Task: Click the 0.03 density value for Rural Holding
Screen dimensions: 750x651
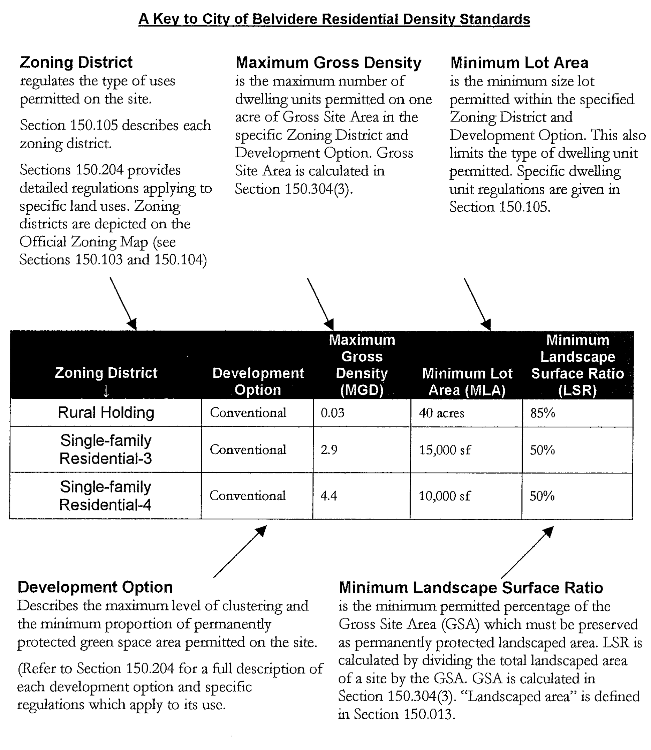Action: coord(332,413)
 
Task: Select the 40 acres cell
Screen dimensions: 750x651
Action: coord(441,413)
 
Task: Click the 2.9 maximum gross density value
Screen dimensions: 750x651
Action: coord(329,450)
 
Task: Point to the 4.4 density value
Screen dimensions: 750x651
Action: coord(329,496)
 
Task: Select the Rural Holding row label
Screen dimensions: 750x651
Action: coord(106,413)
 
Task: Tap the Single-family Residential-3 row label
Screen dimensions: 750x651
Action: coord(106,450)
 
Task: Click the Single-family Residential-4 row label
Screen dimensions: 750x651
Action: coord(105,496)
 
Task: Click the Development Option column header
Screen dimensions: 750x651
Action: coord(258,382)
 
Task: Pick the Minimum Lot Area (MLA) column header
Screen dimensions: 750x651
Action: coord(467,382)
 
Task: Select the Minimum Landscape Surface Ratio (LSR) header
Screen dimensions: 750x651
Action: coord(578,365)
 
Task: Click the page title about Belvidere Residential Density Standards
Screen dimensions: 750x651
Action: coord(334,19)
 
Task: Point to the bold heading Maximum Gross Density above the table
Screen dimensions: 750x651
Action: coord(328,63)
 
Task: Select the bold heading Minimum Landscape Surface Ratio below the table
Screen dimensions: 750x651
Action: coord(471,588)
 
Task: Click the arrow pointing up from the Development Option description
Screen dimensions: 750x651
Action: coord(240,552)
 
